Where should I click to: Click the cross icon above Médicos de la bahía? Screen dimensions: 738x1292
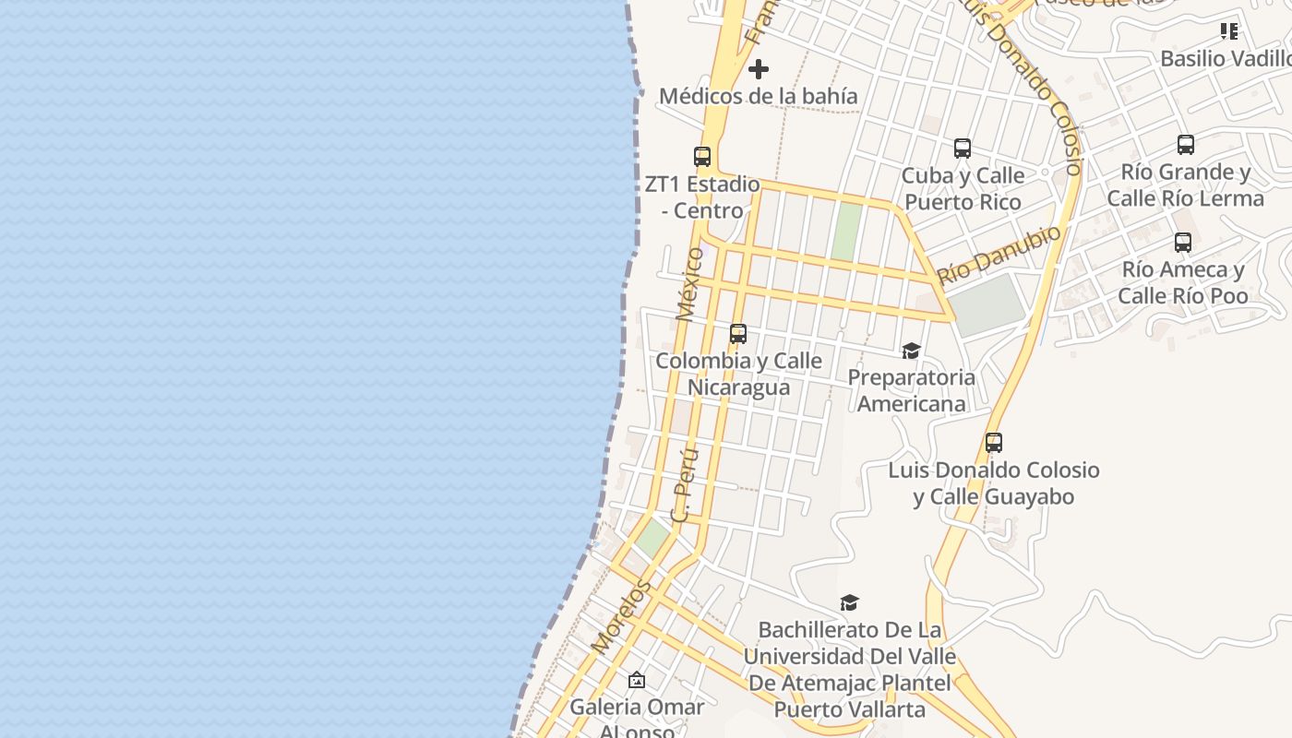[759, 69]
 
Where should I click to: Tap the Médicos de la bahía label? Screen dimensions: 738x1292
[759, 96]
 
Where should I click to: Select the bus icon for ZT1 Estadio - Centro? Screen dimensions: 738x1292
[702, 157]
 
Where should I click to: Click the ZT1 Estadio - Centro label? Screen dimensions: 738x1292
[702, 197]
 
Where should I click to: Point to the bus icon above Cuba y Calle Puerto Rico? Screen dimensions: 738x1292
[963, 149]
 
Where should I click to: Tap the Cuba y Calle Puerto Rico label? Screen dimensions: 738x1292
[963, 189]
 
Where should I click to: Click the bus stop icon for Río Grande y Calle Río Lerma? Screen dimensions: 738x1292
[1186, 145]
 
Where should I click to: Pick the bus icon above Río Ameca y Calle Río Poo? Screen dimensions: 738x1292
[1183, 243]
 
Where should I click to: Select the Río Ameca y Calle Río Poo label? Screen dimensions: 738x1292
[1183, 283]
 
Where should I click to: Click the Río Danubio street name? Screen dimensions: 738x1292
[999, 254]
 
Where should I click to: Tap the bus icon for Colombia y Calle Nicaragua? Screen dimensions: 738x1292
[738, 334]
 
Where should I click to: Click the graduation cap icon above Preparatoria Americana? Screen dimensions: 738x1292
[911, 351]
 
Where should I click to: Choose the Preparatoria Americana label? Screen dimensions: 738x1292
[911, 390]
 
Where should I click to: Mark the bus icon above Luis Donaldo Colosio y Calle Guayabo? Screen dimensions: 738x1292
[994, 443]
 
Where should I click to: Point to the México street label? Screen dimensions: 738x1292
[689, 283]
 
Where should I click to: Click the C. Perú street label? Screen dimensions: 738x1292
[685, 485]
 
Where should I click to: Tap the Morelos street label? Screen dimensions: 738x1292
[621, 616]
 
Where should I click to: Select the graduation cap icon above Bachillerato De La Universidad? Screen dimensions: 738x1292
[849, 603]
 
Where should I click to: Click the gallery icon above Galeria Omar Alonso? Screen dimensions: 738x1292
[637, 681]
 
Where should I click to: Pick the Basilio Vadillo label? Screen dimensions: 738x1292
[1225, 59]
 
